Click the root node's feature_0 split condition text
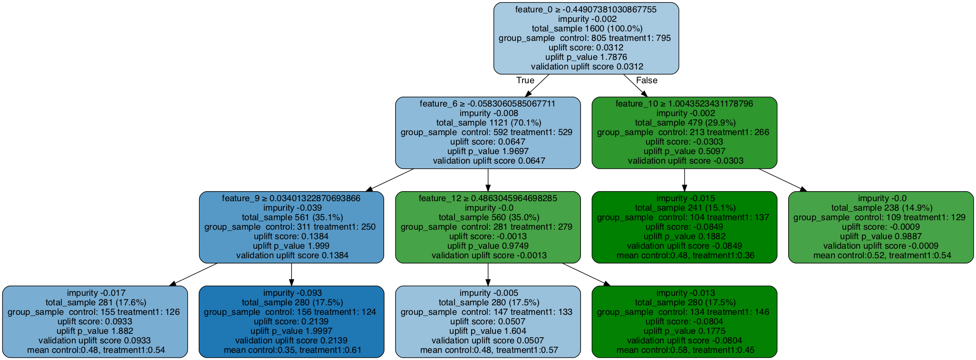586,10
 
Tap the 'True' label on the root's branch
525,80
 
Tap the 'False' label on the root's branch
647,80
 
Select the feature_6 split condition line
488,104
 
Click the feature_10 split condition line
684,104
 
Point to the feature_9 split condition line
291,198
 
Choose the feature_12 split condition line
488,198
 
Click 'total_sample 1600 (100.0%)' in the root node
586,29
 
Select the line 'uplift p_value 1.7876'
586,57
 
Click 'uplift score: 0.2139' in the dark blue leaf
291,321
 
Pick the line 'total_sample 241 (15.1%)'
684,208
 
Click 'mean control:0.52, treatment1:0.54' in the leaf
880,256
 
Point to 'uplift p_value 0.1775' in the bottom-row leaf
684,331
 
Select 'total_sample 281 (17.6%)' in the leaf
95,302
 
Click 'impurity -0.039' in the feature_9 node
291,208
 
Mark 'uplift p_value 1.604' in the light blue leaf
488,331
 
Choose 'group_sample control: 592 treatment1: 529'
488,132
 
